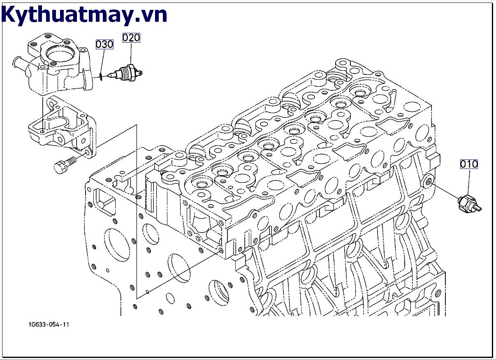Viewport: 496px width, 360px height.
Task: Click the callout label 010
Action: (x=469, y=164)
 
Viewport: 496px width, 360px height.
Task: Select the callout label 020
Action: (x=131, y=38)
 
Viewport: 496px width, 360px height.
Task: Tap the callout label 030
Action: (x=104, y=44)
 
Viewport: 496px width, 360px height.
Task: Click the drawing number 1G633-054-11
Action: (x=49, y=325)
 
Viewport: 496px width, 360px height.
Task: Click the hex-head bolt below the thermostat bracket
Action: (x=65, y=165)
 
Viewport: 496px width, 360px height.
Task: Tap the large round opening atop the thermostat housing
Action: (x=56, y=54)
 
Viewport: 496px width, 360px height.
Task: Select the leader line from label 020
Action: (x=131, y=53)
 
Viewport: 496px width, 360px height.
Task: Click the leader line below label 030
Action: (x=102, y=61)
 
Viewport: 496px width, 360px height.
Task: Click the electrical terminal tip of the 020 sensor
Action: (x=140, y=72)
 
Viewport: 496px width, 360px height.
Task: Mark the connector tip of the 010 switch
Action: (x=478, y=208)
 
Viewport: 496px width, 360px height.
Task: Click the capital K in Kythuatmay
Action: (x=10, y=14)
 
